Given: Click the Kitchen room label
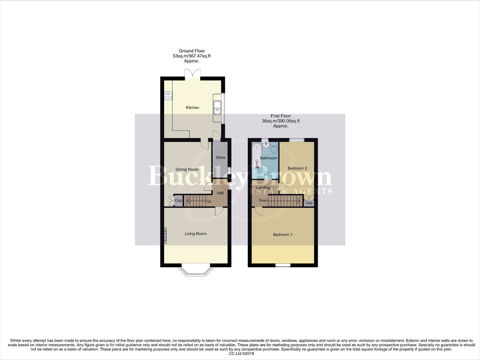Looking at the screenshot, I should coord(193,108).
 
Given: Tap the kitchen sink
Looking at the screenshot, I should coord(217,107).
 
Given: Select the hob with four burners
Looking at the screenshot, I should coord(168,96).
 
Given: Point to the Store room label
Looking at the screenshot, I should coord(221,158).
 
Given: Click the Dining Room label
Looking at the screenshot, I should coord(187,170).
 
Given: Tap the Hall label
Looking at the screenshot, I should coord(220,193).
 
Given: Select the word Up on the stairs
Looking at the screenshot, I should coord(209,201).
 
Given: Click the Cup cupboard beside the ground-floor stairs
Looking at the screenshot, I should coord(179,201).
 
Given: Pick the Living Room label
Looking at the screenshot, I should coord(196,234).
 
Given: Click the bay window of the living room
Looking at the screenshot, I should coord(196,271).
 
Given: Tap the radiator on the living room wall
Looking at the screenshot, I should coord(165,235).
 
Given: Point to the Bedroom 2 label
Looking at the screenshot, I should coord(297,168).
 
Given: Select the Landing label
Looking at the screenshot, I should coord(263,188).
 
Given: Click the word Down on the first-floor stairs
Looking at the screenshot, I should coord(263,200).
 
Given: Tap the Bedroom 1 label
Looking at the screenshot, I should coord(282,235).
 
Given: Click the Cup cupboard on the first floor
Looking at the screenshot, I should coord(309,203).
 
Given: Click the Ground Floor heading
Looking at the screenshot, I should coord(192,51).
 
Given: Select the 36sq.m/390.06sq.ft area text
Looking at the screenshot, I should coord(280,121).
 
